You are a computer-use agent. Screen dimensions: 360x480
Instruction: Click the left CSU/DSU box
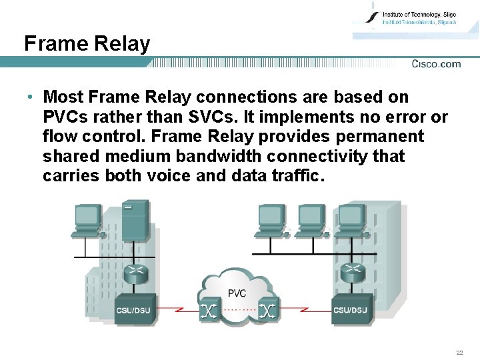[x=135, y=309]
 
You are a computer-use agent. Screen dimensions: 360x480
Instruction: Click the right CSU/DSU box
[x=351, y=309]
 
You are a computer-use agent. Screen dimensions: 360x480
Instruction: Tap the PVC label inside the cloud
[x=237, y=293]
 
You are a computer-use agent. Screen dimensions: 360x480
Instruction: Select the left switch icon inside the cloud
[x=209, y=311]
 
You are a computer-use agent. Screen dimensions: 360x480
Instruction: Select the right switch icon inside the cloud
[x=267, y=311]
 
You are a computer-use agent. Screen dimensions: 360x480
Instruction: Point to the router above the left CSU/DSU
[x=137, y=271]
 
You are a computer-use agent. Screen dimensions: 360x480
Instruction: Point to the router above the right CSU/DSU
[x=351, y=271]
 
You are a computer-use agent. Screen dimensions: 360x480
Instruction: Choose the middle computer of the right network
[x=311, y=220]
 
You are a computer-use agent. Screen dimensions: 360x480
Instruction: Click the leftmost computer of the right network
[x=271, y=220]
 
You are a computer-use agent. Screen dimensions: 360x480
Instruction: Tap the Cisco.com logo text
[x=436, y=64]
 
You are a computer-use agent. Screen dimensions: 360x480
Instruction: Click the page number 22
[x=459, y=352]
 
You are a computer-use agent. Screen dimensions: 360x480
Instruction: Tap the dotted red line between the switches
[x=238, y=311]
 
